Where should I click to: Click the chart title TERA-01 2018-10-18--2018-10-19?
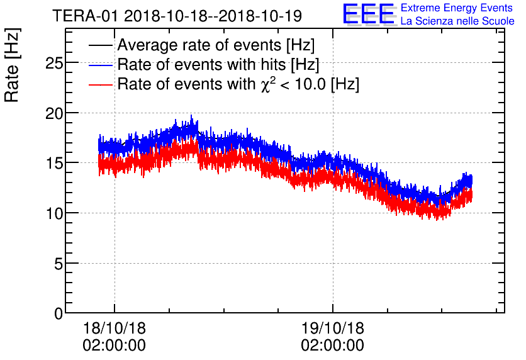(177, 14)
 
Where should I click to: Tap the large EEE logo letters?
(369, 14)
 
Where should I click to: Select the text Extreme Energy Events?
(457, 8)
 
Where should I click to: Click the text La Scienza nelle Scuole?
(457, 21)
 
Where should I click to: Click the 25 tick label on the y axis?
(55, 63)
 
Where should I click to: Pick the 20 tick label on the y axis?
(55, 113)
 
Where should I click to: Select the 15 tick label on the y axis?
(55, 163)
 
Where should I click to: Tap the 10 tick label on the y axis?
(55, 213)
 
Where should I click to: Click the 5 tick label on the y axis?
(59, 263)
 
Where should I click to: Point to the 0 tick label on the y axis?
(59, 313)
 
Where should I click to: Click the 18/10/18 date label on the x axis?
(114, 329)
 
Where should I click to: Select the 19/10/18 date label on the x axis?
(332, 329)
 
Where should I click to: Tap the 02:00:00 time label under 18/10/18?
(114, 346)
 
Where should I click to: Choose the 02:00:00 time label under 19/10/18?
(332, 346)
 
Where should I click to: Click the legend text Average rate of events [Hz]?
(216, 46)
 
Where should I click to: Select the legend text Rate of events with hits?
(218, 65)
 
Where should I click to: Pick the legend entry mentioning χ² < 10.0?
(238, 84)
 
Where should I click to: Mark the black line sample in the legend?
(101, 46)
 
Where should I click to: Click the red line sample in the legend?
(101, 84)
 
